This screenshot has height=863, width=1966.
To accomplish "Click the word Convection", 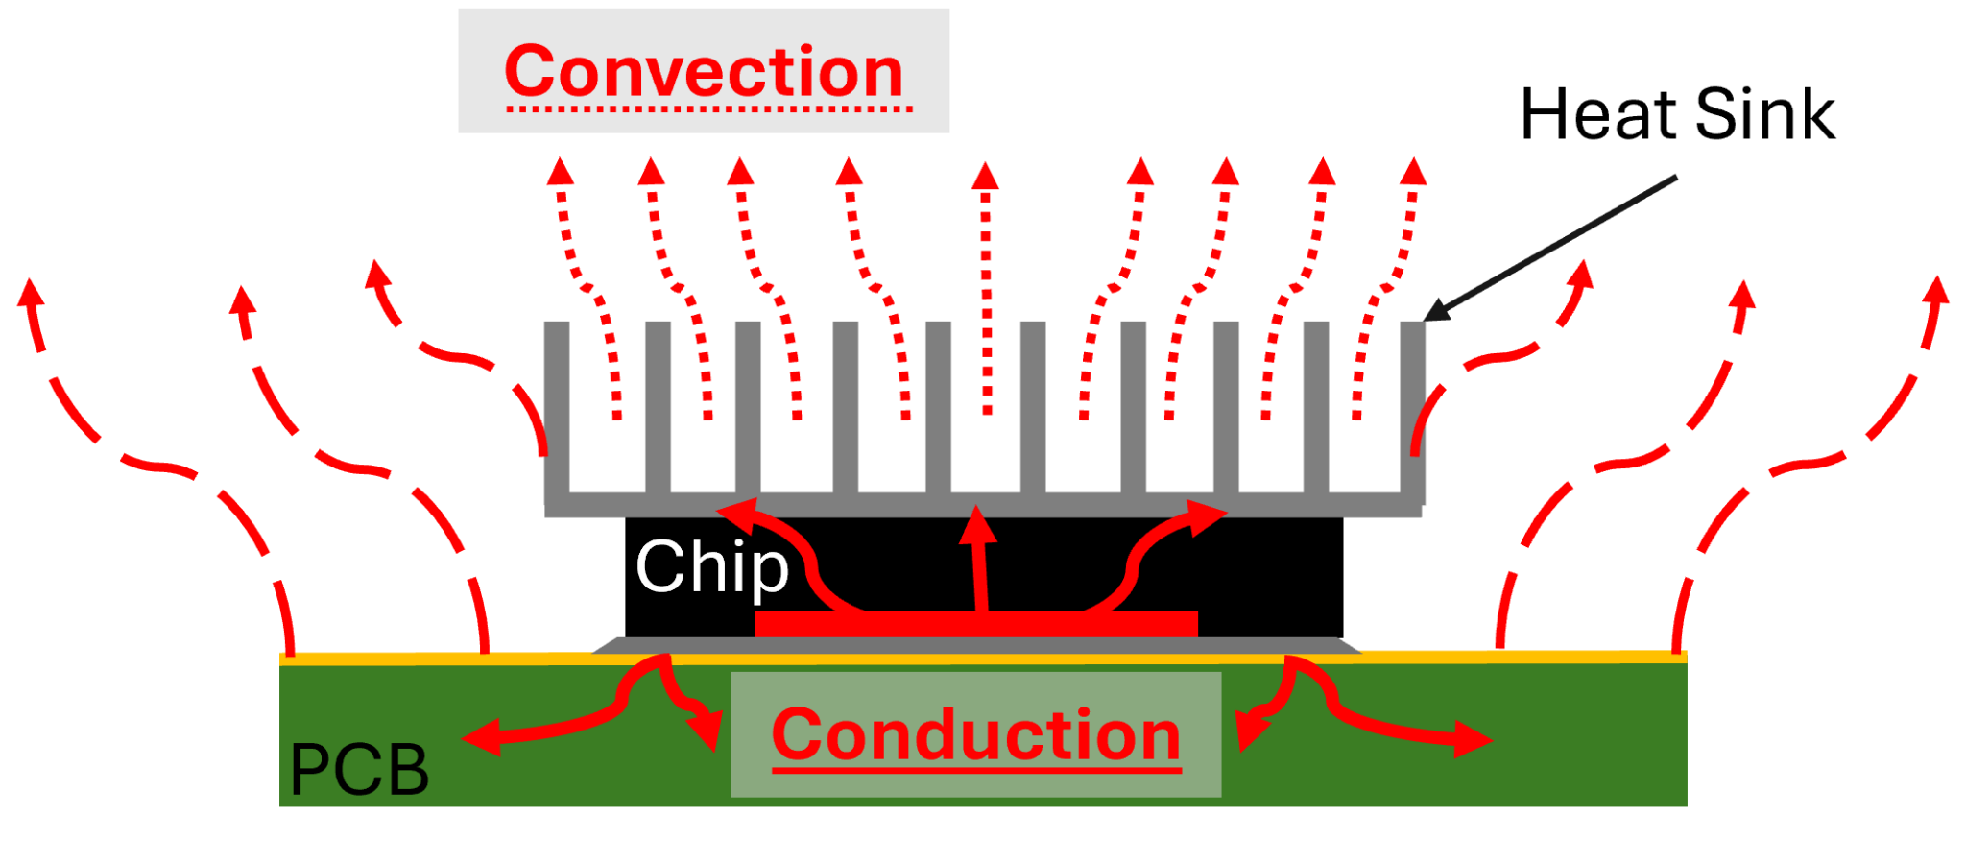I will click(704, 73).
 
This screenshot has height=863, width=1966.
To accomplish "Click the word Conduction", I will click(975, 735).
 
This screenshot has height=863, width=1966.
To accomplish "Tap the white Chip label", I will click(711, 567).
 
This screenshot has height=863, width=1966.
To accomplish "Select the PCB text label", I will click(359, 770).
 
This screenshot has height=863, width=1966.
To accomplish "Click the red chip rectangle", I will click(975, 623).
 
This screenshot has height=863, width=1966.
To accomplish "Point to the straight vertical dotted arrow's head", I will click(985, 176).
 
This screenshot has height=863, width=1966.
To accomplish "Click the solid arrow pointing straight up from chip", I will click(979, 557).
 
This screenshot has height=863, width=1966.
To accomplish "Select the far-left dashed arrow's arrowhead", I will click(30, 291).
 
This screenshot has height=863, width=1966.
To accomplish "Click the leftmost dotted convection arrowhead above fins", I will click(561, 172).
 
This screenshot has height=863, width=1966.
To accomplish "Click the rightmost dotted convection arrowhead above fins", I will click(1413, 172).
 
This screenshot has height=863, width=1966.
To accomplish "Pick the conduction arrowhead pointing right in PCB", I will click(1473, 740).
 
